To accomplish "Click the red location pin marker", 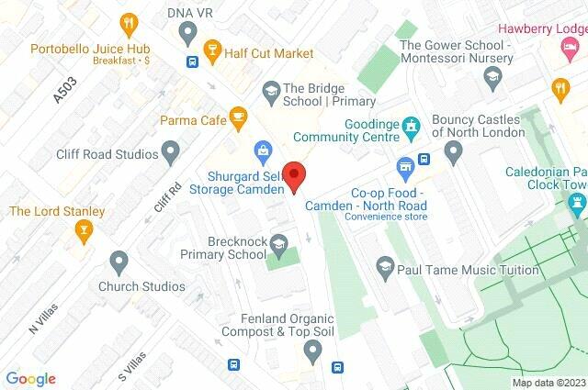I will [293, 175].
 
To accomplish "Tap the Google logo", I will [30, 378].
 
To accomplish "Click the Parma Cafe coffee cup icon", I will [239, 117].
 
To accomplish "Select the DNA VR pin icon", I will [188, 35].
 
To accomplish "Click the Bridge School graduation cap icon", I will [271, 90].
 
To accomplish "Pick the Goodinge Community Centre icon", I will [413, 123].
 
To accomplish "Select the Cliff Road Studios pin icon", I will [170, 149].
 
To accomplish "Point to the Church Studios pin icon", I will [118, 261].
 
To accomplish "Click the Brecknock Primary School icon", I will [278, 242].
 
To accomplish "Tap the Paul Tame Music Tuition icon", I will [387, 267].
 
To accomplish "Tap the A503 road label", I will [64, 91].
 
